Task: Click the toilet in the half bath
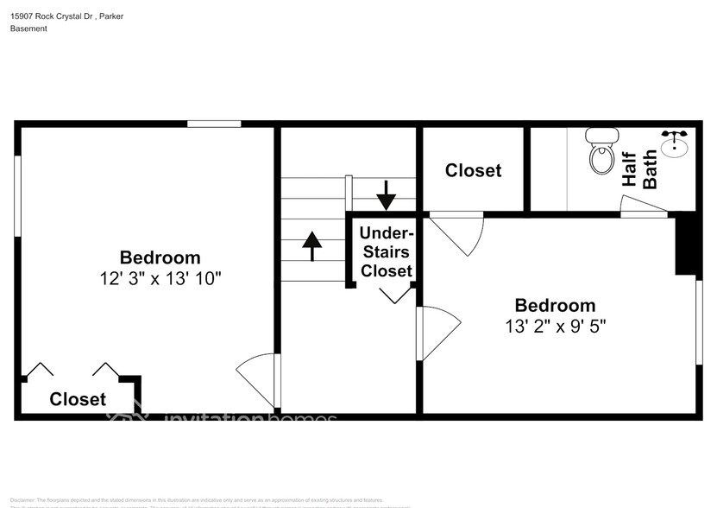click(x=601, y=150)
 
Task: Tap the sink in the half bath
click(x=675, y=144)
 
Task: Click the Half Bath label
click(x=639, y=170)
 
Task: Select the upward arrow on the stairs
click(x=311, y=245)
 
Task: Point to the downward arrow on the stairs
click(x=386, y=195)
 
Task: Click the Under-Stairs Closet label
click(x=387, y=251)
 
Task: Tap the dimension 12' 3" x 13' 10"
click(x=160, y=278)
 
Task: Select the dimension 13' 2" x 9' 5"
click(x=555, y=327)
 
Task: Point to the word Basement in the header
click(x=28, y=29)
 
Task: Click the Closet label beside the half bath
click(x=473, y=170)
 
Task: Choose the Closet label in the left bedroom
click(x=78, y=399)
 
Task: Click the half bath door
click(x=643, y=206)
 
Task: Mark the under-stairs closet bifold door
click(x=396, y=294)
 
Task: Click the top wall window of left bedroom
click(x=214, y=124)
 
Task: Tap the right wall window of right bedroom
click(x=699, y=321)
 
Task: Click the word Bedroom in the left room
click(x=160, y=257)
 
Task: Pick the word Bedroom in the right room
click(x=555, y=305)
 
